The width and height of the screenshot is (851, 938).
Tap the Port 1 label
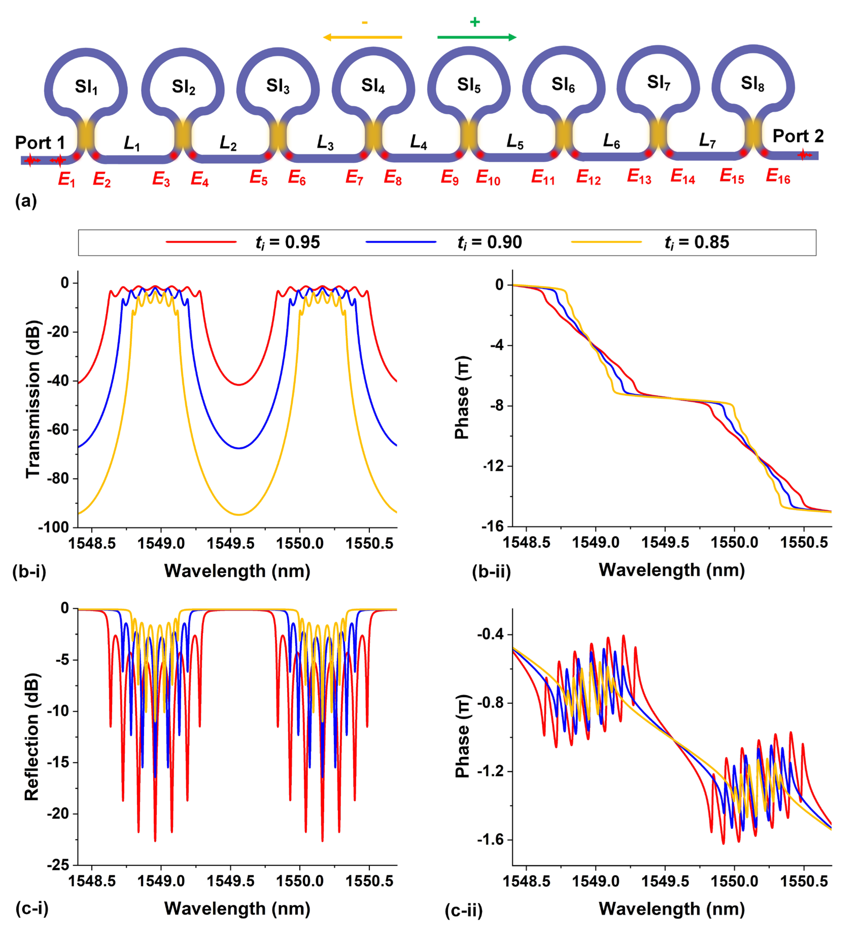pyautogui.click(x=40, y=142)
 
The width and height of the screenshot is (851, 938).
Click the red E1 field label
pyautogui.click(x=66, y=179)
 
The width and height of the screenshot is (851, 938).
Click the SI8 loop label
pyautogui.click(x=752, y=84)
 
